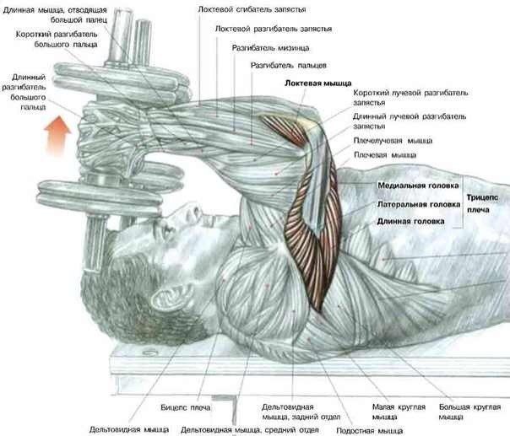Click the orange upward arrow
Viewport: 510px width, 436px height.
[x=57, y=135]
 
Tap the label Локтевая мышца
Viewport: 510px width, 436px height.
[x=318, y=83]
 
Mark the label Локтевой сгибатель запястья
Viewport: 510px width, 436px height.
[x=251, y=8]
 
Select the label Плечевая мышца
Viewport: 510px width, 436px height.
[x=385, y=155]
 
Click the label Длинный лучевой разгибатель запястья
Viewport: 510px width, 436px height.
[x=410, y=119]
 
